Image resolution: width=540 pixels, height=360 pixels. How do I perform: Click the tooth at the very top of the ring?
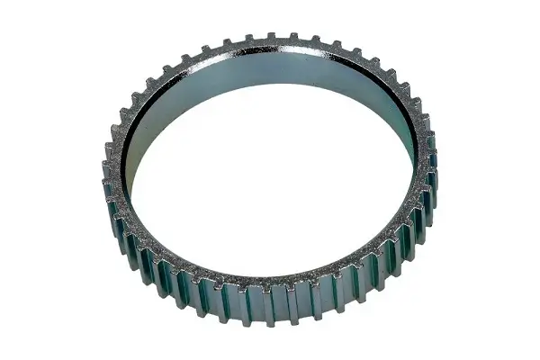269,38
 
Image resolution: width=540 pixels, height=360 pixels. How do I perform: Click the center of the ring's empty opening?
270,171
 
